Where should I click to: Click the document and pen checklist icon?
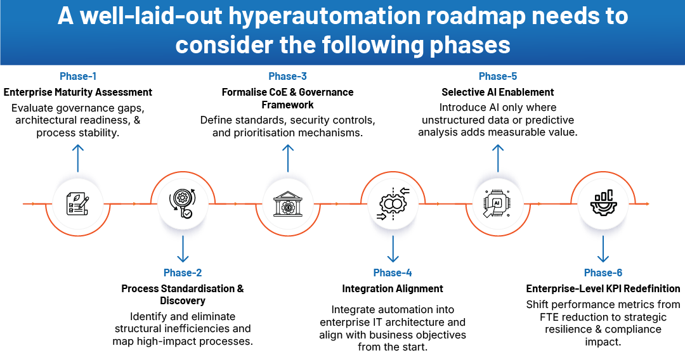[x=77, y=204]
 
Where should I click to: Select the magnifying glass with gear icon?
[x=183, y=205]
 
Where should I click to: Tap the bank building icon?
[x=288, y=205]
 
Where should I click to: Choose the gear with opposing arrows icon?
[x=393, y=205]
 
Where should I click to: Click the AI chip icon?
[x=499, y=204]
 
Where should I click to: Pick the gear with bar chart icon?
[x=603, y=204]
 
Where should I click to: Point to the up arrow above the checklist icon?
[x=77, y=155]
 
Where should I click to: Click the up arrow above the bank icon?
[x=288, y=155]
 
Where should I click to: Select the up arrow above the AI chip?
[x=499, y=155]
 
